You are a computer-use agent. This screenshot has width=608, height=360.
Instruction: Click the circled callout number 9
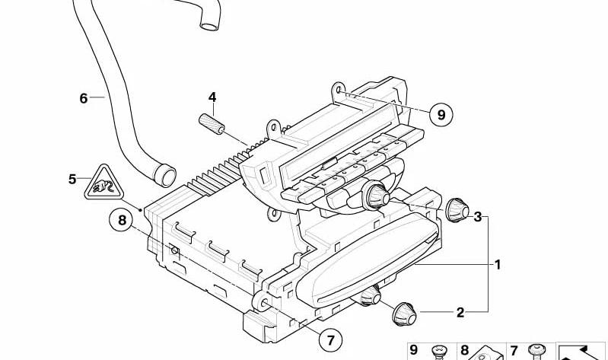(441, 114)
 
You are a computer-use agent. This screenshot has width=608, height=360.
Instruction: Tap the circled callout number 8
(123, 221)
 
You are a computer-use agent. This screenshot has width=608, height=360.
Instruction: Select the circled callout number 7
(330, 340)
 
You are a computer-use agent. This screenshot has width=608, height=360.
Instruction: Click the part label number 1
(498, 265)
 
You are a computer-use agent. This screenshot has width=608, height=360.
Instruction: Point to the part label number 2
(460, 312)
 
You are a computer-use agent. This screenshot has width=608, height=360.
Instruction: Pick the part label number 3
(477, 216)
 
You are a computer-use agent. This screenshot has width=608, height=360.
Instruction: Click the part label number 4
(212, 97)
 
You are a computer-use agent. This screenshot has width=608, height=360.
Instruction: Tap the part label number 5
(72, 179)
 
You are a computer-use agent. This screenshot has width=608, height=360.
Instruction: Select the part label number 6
(84, 98)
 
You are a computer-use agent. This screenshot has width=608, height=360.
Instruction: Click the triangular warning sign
(104, 183)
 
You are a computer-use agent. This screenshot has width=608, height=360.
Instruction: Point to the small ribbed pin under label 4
(212, 124)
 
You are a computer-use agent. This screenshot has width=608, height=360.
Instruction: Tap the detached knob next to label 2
(403, 314)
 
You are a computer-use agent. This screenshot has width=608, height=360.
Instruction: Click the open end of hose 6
(166, 175)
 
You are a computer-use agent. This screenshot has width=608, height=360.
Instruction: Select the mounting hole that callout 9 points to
(338, 90)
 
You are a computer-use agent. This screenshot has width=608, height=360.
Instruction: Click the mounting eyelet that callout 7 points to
(261, 302)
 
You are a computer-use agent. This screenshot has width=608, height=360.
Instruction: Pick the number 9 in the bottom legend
(414, 350)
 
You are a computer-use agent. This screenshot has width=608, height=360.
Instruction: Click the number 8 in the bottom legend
(464, 350)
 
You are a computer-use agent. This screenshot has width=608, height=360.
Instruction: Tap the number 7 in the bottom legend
(514, 351)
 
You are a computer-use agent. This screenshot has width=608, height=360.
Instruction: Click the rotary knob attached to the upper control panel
(376, 195)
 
